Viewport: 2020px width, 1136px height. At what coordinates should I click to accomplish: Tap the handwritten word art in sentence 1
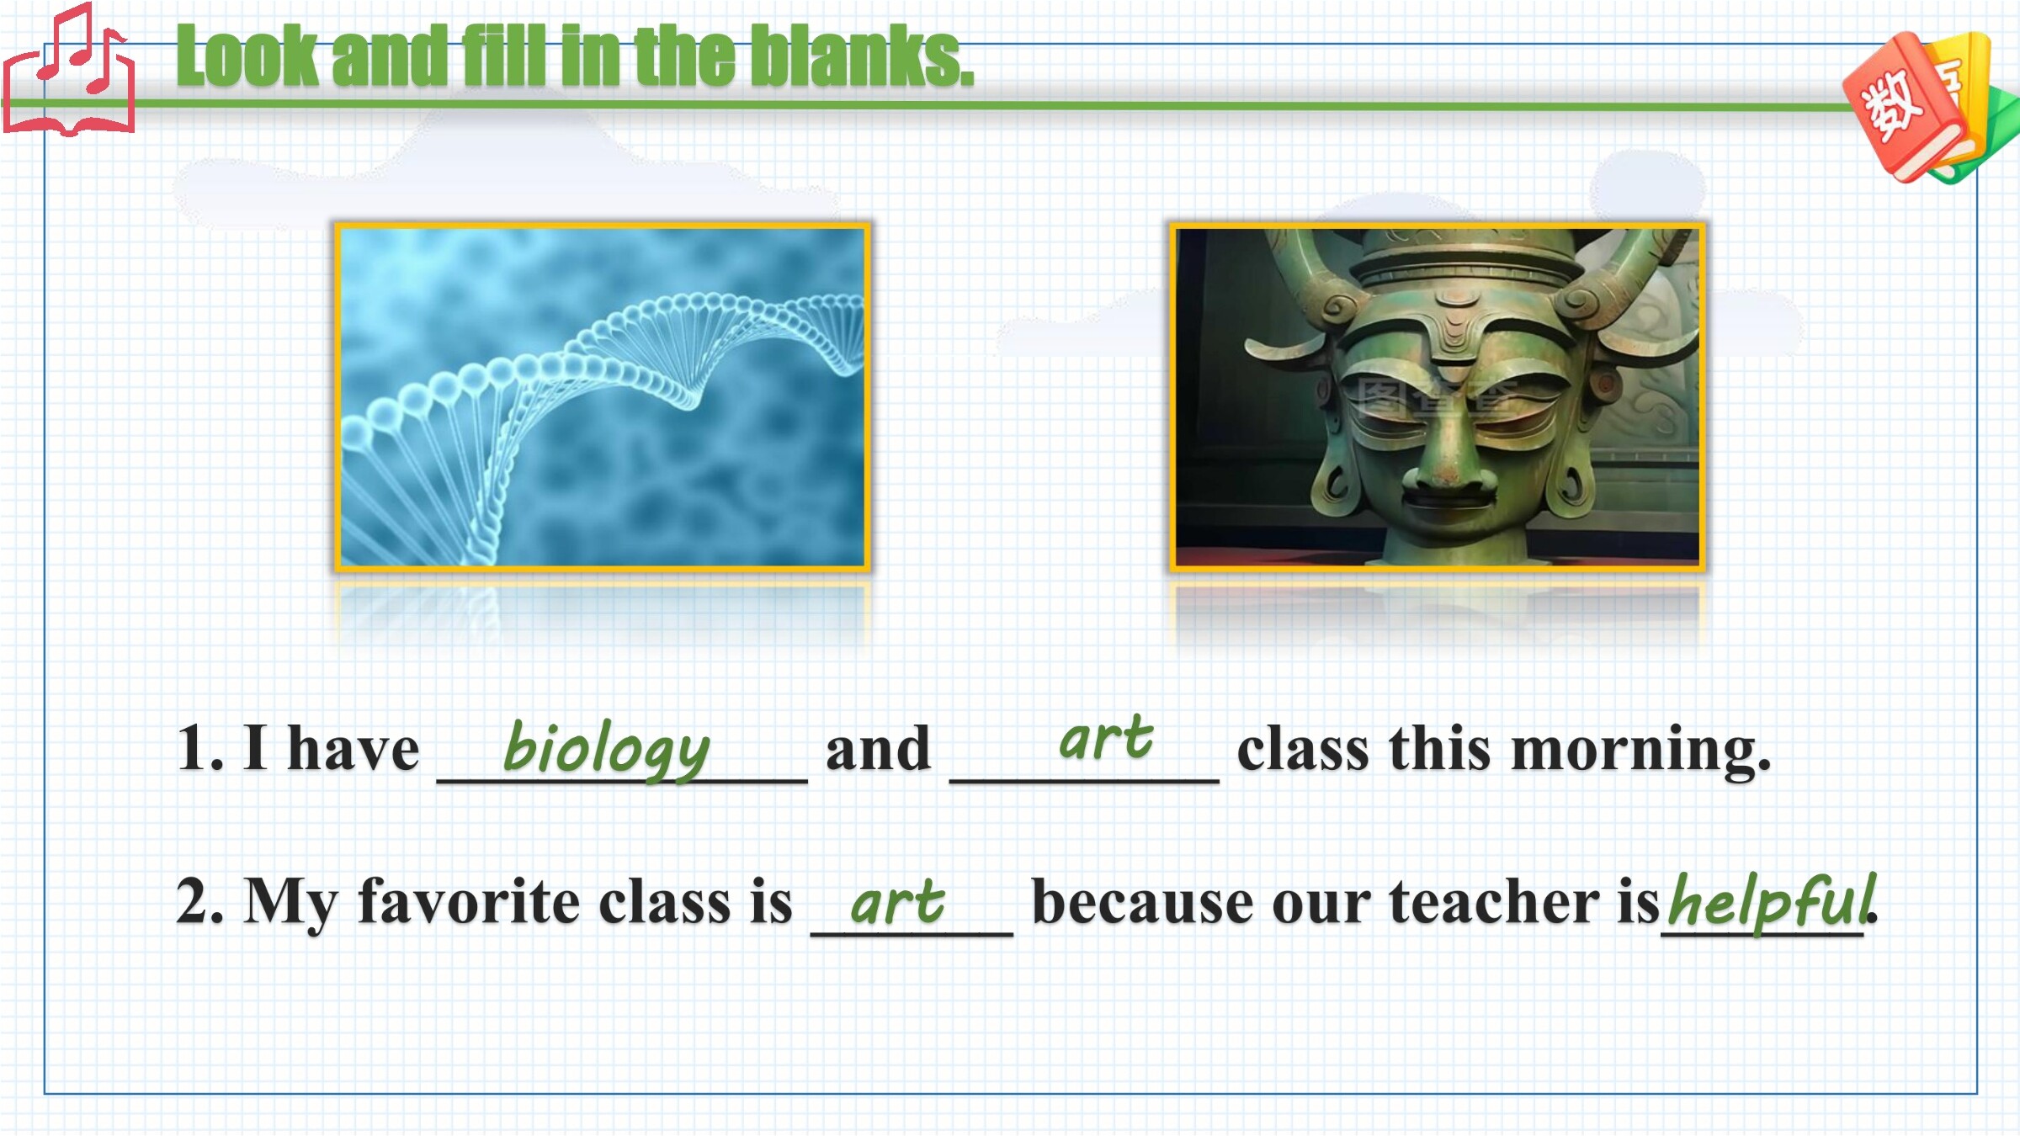[1105, 738]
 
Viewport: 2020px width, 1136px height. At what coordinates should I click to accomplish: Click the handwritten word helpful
[1772, 900]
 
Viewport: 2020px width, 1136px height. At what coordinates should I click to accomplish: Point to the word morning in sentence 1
[1641, 749]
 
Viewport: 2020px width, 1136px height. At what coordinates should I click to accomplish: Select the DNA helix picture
[603, 397]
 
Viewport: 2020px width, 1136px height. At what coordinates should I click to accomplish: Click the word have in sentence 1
[353, 749]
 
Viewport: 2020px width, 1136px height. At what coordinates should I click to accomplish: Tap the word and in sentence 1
[878, 749]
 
